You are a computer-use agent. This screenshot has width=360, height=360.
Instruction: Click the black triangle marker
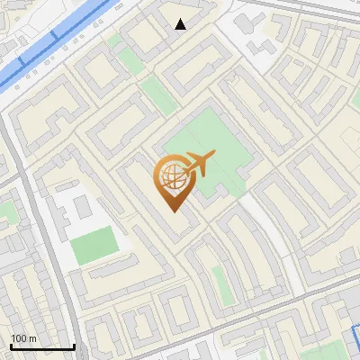[x=181, y=24]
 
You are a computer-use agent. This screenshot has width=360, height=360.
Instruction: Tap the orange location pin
[x=174, y=183]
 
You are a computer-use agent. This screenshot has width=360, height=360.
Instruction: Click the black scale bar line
[x=41, y=346]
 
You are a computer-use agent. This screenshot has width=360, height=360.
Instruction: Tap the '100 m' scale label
[x=24, y=338]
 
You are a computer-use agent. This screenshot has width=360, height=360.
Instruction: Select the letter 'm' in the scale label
[x=33, y=338]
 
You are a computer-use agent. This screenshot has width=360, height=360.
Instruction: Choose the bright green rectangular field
[x=94, y=245]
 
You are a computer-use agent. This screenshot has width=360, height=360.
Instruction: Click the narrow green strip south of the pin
[x=221, y=283]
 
